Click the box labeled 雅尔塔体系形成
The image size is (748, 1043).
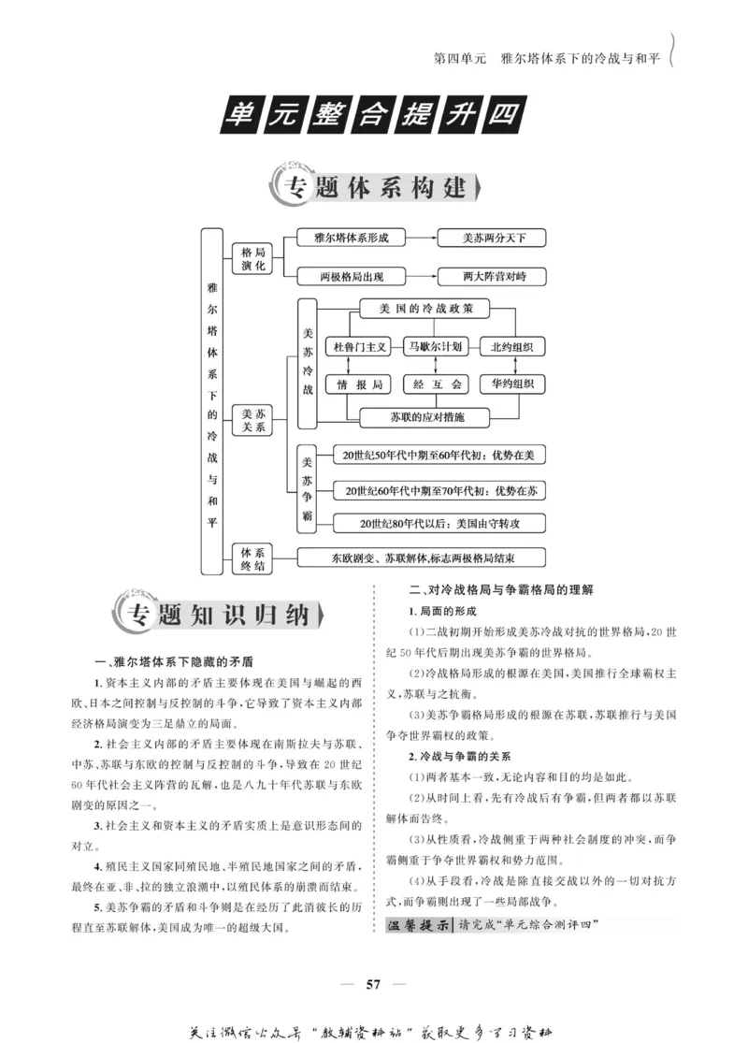352,238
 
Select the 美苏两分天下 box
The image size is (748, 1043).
494,238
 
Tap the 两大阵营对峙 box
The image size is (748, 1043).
494,277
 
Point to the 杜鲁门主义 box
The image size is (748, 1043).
360,346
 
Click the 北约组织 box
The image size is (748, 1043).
511,346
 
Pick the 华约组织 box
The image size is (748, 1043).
511,384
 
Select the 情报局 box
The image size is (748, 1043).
360,384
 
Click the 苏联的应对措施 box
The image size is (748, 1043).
426,415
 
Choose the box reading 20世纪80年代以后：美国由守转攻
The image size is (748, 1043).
440,523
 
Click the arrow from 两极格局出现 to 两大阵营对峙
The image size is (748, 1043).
423,277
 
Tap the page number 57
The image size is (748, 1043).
373,983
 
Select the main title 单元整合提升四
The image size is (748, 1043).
373,117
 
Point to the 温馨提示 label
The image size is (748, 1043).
418,926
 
